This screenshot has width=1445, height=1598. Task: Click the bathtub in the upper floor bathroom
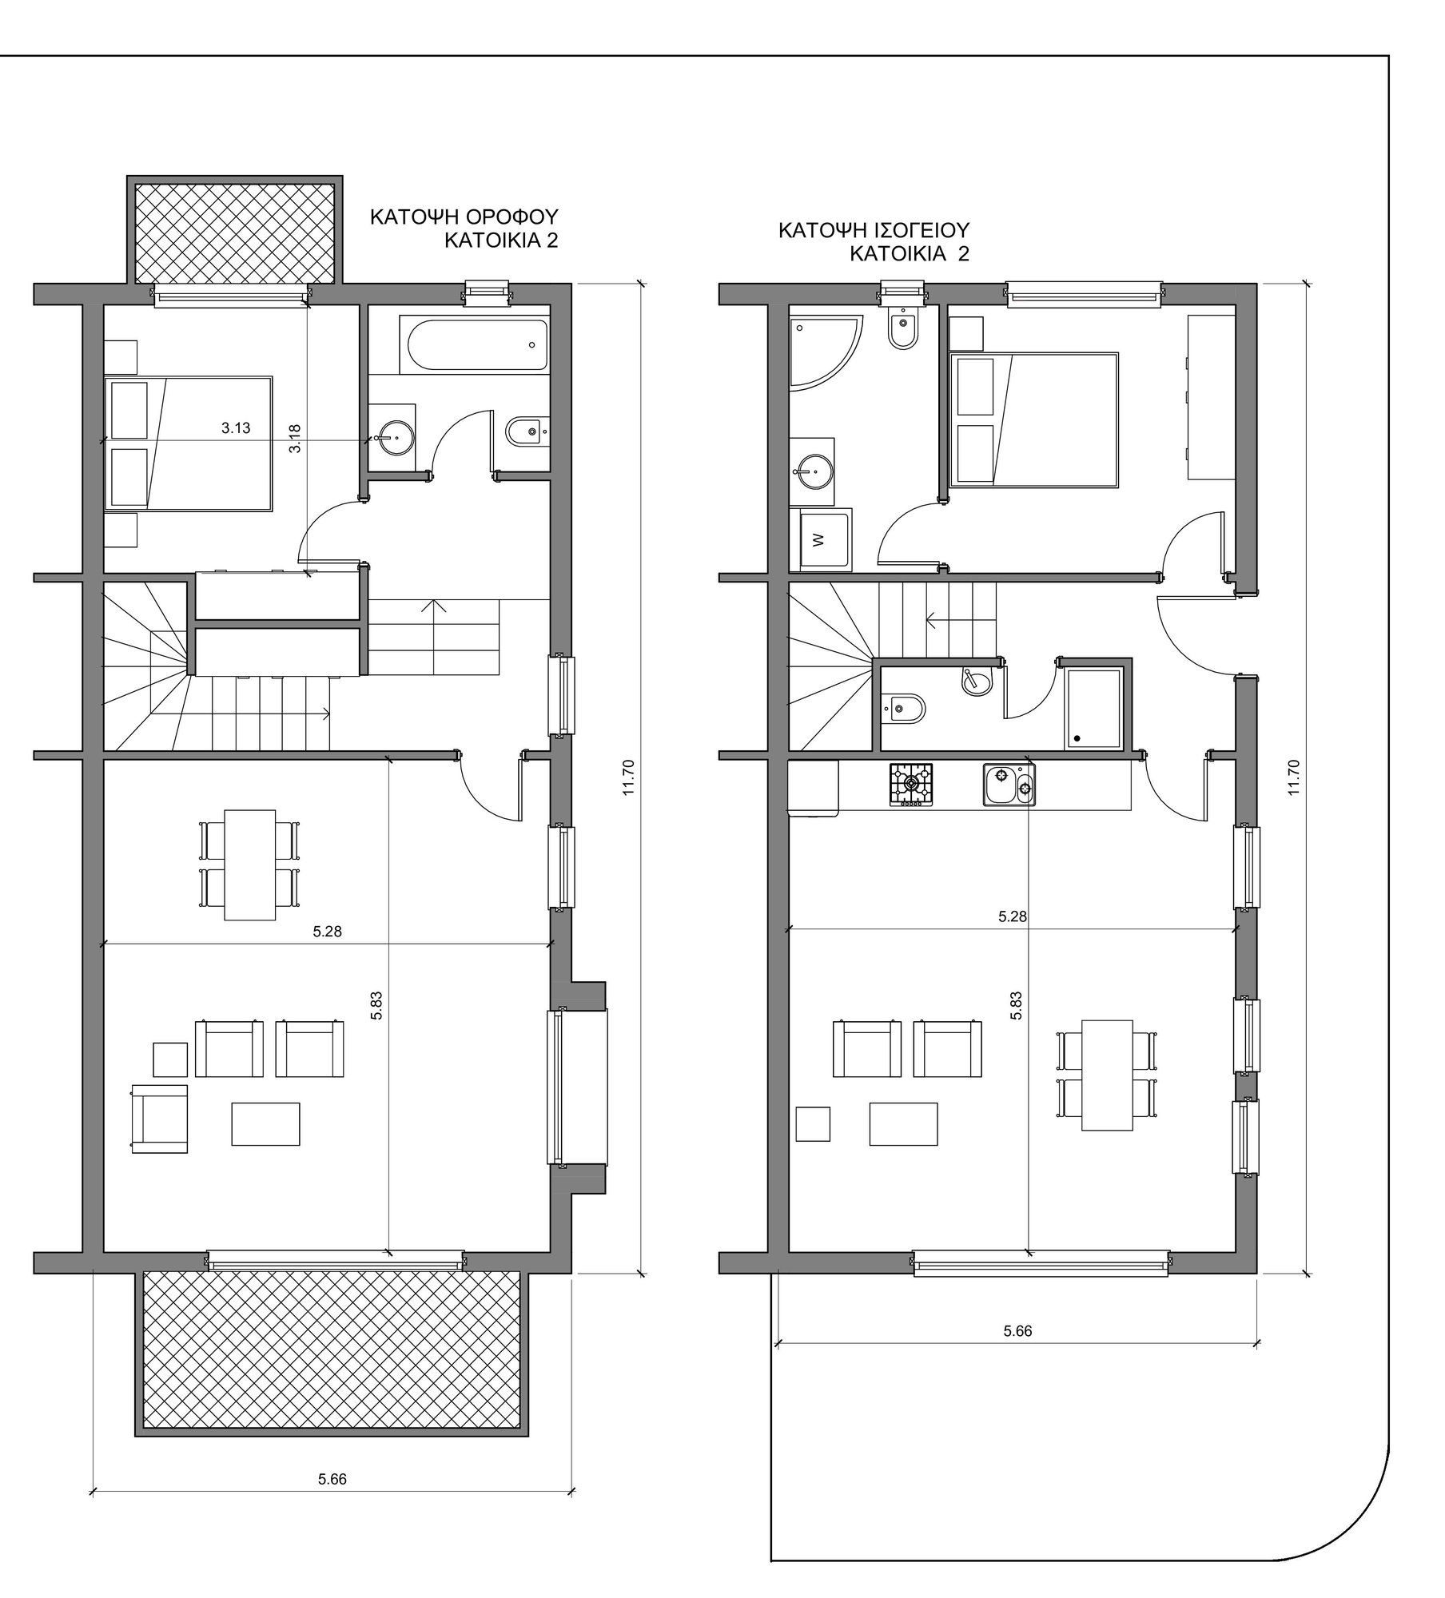[x=478, y=345]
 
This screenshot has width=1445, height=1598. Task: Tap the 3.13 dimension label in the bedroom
[x=236, y=428]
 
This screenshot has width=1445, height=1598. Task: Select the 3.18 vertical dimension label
[x=295, y=439]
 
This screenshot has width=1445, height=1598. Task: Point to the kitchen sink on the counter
[x=1009, y=785]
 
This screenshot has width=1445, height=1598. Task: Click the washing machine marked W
[x=825, y=540]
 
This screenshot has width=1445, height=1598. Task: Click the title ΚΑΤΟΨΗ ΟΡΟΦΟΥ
[x=464, y=217]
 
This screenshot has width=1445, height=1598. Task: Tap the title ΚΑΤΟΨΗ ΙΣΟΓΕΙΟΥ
[x=874, y=231]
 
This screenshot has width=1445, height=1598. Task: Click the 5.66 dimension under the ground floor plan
[x=1017, y=1331]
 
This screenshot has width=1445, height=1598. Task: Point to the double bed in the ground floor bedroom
[x=1034, y=419]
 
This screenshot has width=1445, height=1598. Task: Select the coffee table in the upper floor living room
[x=266, y=1124]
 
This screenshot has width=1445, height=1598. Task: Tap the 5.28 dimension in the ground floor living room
[x=1013, y=916]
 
